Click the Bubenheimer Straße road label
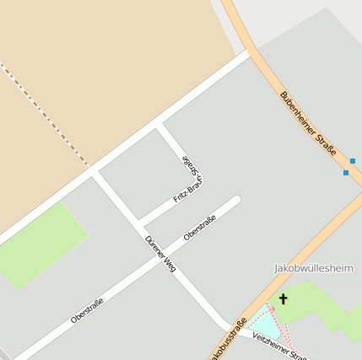point(308,123)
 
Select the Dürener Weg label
point(159,252)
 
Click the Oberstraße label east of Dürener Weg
point(200,228)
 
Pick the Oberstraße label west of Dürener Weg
point(88,311)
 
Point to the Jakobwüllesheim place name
point(313,268)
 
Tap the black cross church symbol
point(284,298)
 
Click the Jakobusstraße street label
point(228,339)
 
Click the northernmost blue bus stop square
point(353,160)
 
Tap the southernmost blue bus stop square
point(345,173)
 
